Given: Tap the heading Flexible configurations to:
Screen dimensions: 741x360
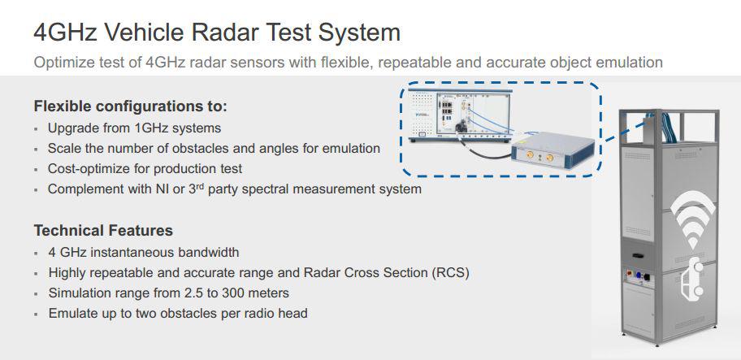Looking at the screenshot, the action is [x=131, y=106].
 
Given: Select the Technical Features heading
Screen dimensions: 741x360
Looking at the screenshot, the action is [x=103, y=231].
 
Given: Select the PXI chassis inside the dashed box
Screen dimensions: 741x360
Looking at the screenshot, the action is [x=460, y=115].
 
